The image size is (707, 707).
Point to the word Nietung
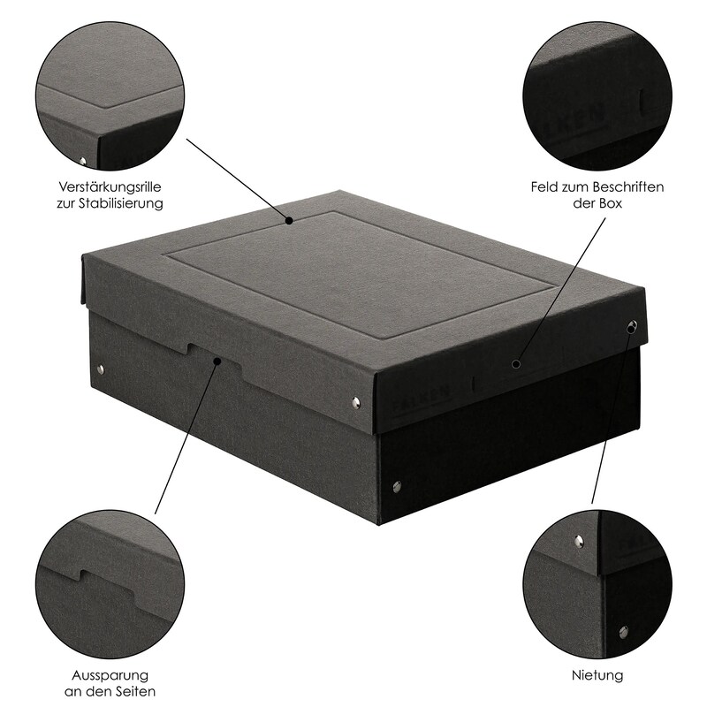(597, 675)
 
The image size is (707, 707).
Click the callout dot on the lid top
(289, 220)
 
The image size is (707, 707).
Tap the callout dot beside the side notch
(217, 361)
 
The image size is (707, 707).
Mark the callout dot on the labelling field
(517, 363)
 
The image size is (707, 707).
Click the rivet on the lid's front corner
(355, 403)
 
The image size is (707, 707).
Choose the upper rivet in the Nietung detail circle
(579, 541)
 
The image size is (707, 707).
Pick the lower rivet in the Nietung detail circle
(623, 631)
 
